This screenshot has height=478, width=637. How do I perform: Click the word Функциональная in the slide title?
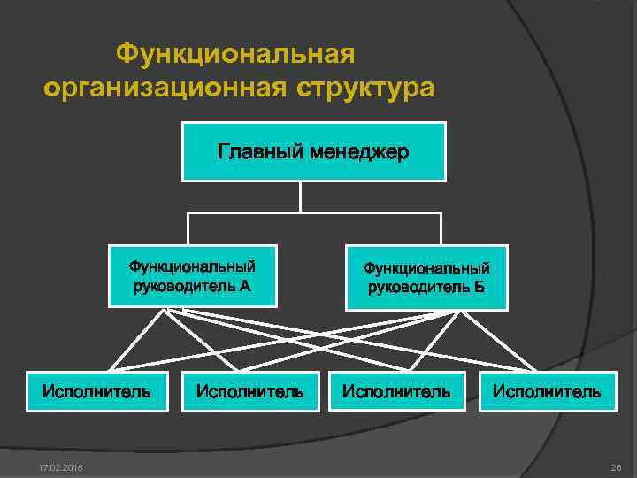tap(235, 55)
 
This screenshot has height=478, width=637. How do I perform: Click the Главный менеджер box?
tap(313, 152)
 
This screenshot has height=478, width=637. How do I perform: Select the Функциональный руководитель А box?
tap(193, 274)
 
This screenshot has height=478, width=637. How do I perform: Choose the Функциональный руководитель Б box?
tap(426, 276)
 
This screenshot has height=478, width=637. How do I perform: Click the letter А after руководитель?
tap(245, 285)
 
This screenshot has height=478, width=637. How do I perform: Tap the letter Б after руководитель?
tap(479, 287)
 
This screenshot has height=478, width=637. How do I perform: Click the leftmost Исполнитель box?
tap(96, 389)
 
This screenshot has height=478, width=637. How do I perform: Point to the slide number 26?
tap(617, 466)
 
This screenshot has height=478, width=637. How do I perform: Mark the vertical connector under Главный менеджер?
tap(301, 197)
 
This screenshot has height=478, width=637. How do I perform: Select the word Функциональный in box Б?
tap(426, 267)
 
